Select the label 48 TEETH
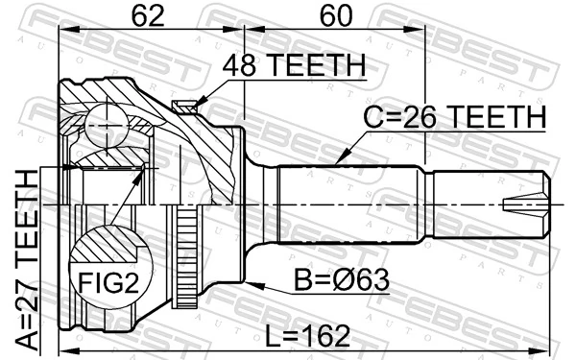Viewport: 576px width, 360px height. click(294, 65)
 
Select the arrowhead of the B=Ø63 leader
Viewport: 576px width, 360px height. click(248, 282)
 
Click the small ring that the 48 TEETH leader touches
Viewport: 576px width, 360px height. click(184, 107)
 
